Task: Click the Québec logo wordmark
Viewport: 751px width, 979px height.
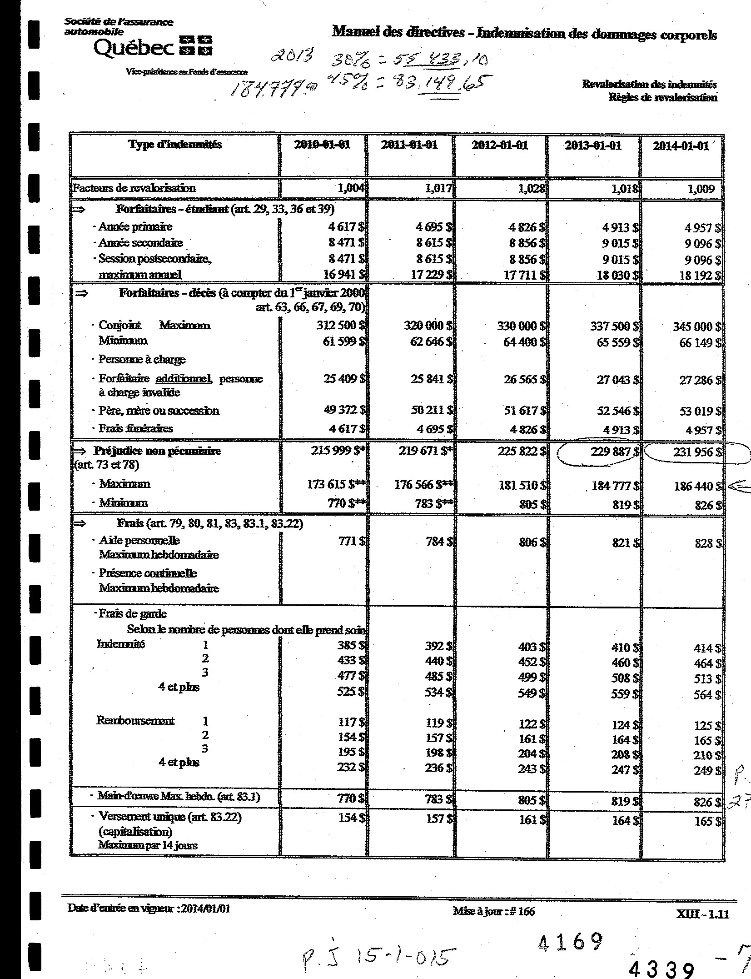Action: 134,48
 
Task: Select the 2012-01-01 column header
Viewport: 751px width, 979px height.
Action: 500,146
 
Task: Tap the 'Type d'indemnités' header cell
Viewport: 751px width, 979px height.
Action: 175,145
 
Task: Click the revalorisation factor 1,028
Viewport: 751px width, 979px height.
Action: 531,188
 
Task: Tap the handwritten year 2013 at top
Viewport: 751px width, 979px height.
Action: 293,56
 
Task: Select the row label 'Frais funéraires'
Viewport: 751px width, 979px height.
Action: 136,428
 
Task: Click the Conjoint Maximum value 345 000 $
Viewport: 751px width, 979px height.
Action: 696,326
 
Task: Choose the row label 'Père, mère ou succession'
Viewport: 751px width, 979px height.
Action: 159,411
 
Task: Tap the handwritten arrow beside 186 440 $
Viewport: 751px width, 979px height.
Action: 737,486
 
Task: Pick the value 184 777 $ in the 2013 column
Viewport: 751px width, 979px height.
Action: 615,486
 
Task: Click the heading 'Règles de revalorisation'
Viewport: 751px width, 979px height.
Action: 663,97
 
